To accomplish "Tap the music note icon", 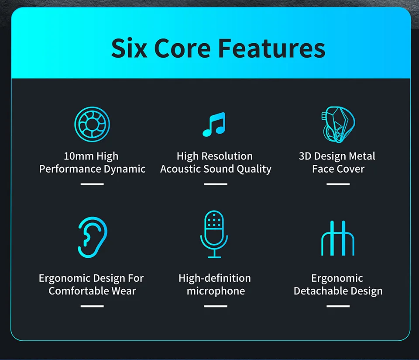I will (x=214, y=124).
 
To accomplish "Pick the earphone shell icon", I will (x=338, y=124).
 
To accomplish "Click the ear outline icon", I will (x=92, y=237).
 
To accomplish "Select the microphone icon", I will (x=214, y=234).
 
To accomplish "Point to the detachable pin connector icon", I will (x=338, y=238).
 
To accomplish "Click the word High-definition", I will (x=215, y=278).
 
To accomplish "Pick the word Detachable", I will (x=323, y=291).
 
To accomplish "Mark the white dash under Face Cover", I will (x=338, y=184).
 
